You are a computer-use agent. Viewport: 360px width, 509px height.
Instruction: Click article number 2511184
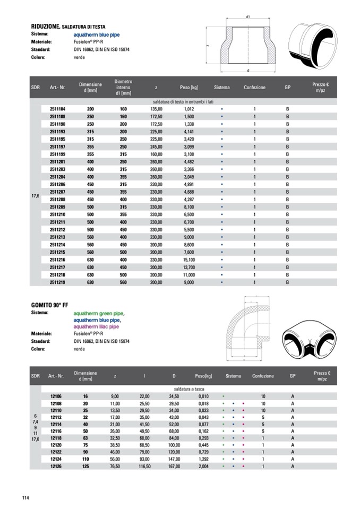(x=57, y=108)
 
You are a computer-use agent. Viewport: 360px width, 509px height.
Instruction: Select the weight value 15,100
(x=190, y=260)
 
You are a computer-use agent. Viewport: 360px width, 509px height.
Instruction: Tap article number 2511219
(x=57, y=283)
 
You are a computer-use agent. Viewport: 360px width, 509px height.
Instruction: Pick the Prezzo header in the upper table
(x=321, y=87)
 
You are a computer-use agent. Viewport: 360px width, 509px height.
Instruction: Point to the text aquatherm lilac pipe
(x=96, y=326)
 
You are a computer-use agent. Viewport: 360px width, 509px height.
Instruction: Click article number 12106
(x=56, y=396)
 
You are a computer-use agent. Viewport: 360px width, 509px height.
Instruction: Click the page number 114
(x=25, y=497)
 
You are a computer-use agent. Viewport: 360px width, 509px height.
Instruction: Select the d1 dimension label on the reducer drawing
(x=248, y=17)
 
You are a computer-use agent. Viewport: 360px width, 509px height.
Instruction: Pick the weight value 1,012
(x=190, y=108)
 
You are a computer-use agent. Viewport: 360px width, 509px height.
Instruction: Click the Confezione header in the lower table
(x=263, y=376)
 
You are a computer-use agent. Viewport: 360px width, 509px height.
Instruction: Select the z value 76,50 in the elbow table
(x=115, y=466)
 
